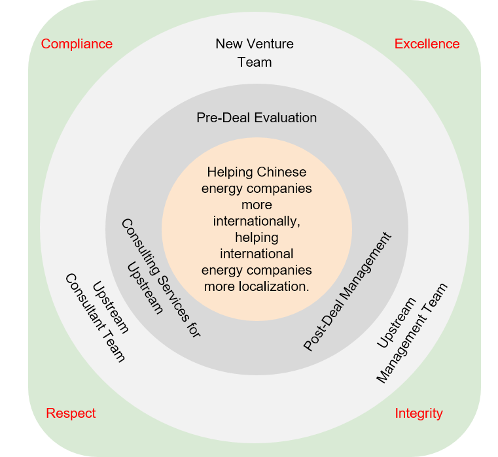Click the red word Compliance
[77, 44]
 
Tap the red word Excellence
[427, 44]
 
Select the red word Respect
[71, 413]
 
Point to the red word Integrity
[419, 413]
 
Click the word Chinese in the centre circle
[281, 173]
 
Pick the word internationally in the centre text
[257, 221]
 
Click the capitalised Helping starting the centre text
[230, 173]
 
